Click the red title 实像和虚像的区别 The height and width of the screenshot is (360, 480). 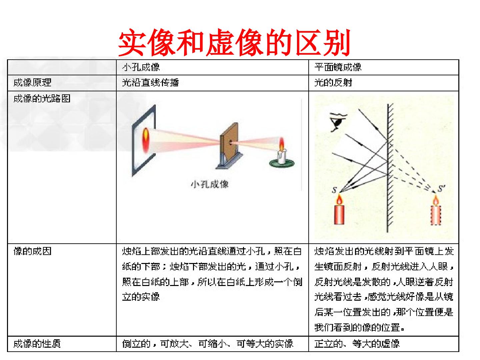point(234,42)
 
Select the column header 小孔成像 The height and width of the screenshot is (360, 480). point(141,67)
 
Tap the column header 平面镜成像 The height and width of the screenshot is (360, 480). point(338,67)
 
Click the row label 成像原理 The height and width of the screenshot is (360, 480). point(32,83)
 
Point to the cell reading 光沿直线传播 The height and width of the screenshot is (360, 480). point(150,83)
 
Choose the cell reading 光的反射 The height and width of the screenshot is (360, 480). point(333,83)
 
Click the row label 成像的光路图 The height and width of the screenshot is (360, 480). point(42,99)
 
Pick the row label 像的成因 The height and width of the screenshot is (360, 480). point(32,251)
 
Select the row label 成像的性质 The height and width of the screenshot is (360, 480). point(37,344)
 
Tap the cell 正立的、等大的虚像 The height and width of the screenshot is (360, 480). point(357,344)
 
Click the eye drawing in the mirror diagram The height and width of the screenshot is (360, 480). point(338,122)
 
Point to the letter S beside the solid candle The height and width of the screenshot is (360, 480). point(334,190)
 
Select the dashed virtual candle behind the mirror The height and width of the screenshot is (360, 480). point(436,212)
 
